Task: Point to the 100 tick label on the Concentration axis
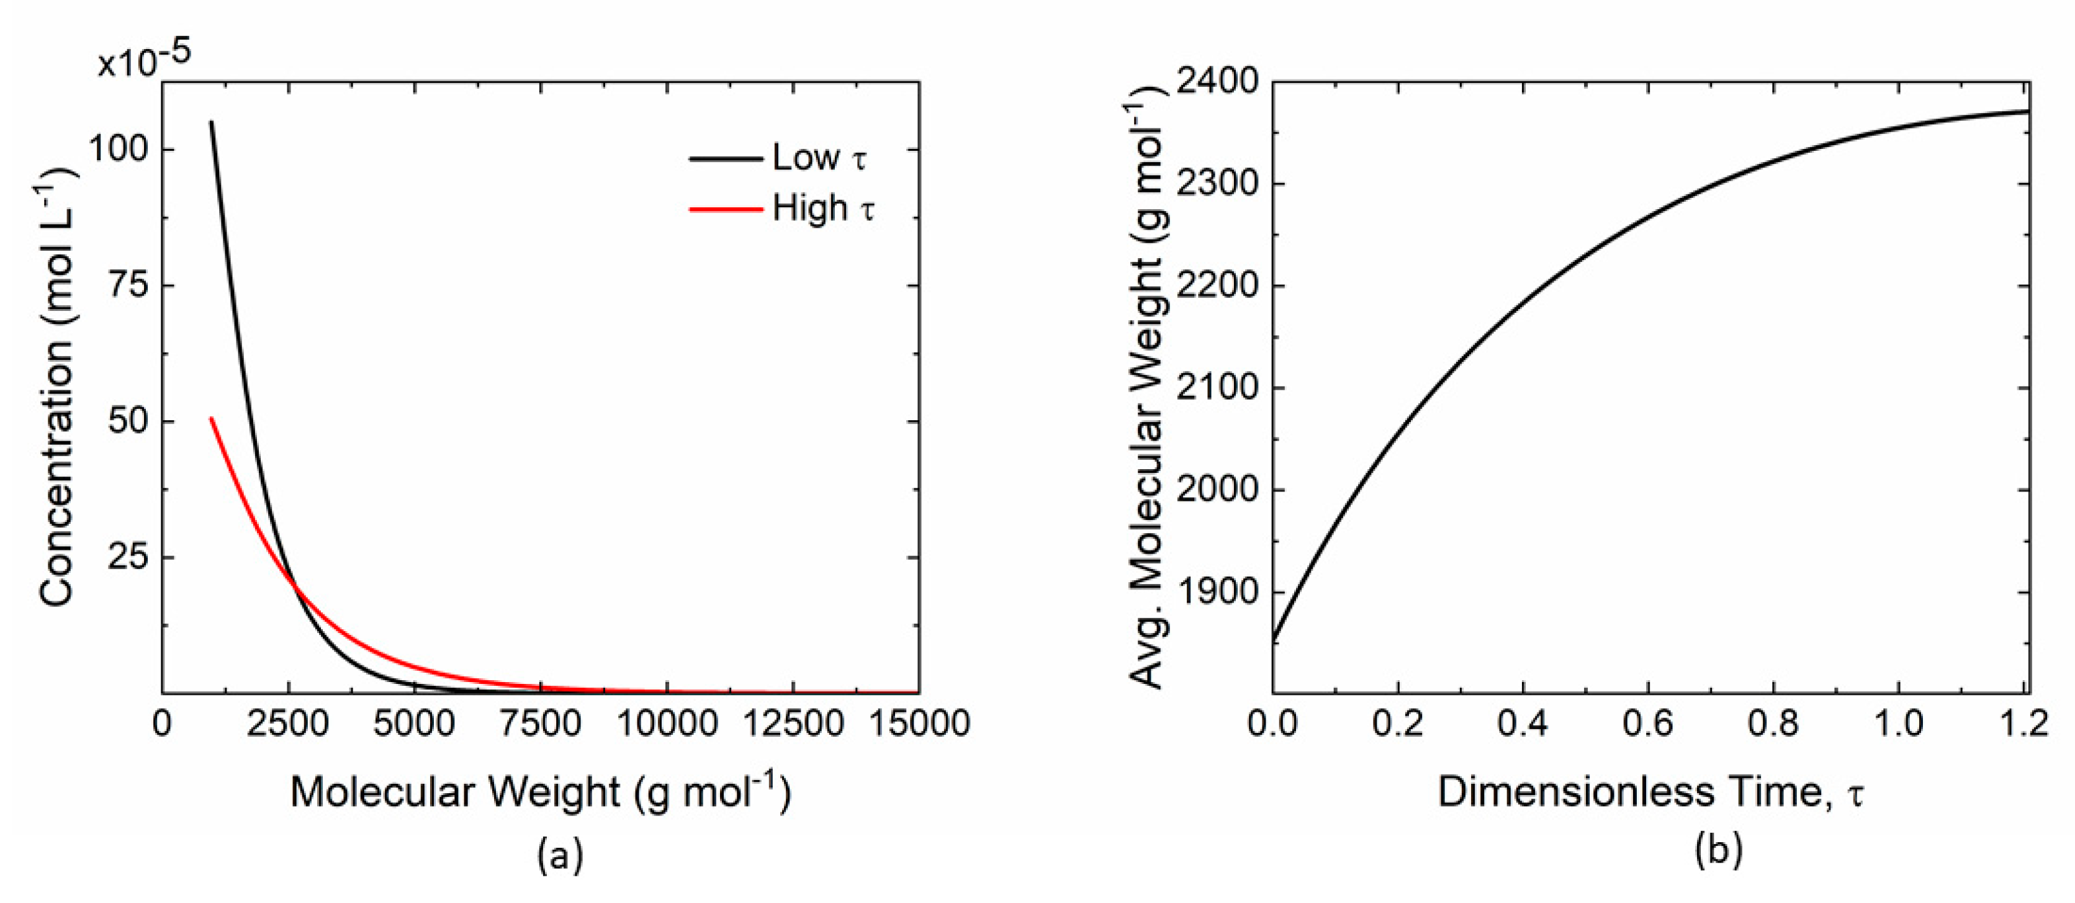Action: tap(119, 150)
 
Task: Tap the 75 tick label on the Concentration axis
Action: tap(129, 285)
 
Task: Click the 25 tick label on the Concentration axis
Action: tap(129, 557)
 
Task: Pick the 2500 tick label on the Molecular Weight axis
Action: tap(287, 724)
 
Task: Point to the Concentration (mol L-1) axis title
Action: tap(56, 387)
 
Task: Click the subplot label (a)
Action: tap(560, 854)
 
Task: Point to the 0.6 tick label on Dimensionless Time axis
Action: tap(1647, 724)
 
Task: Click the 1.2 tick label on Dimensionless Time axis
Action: tap(2023, 724)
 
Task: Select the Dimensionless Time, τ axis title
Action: tap(1651, 793)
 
